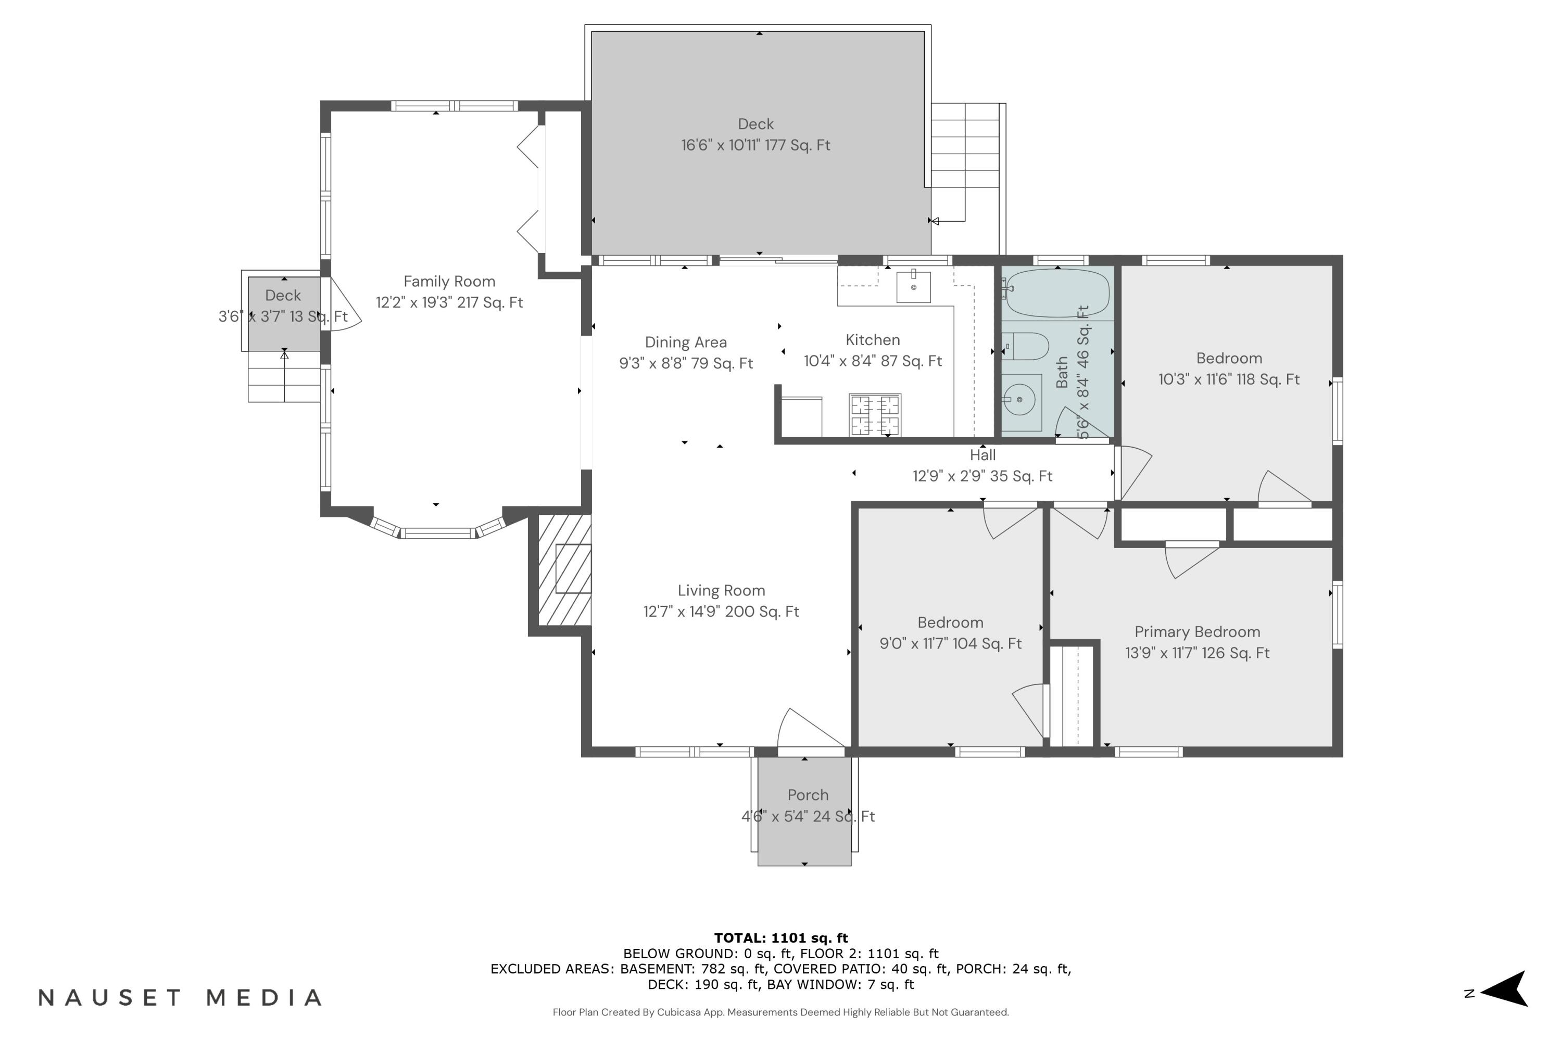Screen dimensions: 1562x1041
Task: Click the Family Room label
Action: tap(450, 282)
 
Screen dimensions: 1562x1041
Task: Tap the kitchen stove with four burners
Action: tap(875, 415)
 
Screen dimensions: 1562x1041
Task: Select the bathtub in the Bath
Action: tap(1057, 293)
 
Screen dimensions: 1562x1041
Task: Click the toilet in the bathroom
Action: tap(1025, 346)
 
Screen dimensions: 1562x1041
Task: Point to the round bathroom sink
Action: tap(1020, 400)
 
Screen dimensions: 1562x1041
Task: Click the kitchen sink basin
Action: tap(914, 286)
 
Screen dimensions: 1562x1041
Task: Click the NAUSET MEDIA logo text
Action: tap(181, 997)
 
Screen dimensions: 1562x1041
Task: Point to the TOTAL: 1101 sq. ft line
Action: tap(781, 938)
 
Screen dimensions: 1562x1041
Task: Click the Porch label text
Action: tap(808, 795)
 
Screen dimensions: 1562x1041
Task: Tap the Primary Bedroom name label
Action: tap(1198, 632)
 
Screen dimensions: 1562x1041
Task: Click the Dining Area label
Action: tap(686, 342)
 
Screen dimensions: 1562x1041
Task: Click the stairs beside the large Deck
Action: tap(968, 162)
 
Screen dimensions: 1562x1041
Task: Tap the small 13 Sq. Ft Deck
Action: tap(284, 314)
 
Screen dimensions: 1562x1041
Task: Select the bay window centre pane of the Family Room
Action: tap(437, 532)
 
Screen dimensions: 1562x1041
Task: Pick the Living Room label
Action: tap(721, 591)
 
